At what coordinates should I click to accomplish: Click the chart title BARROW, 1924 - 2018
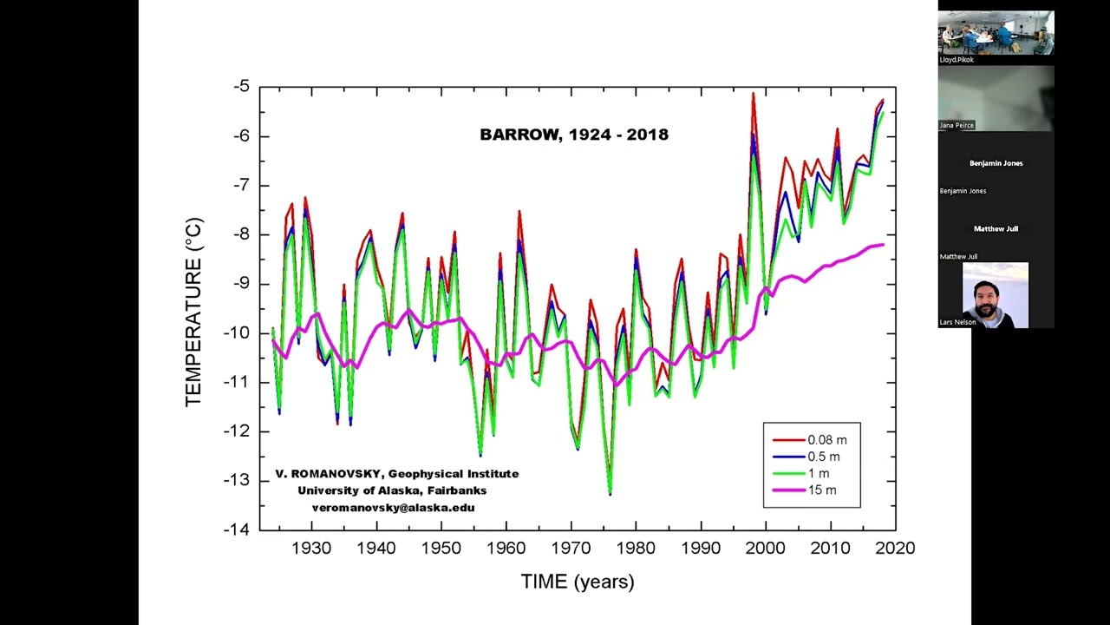pos(573,135)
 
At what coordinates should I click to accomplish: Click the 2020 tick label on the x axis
pos(896,549)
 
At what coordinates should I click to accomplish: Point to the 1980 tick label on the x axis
pos(636,549)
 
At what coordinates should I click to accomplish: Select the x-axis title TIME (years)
pos(577,582)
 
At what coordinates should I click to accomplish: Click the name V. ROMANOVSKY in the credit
pos(329,474)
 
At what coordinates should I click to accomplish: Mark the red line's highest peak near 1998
pos(753,93)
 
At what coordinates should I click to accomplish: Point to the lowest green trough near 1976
pos(610,493)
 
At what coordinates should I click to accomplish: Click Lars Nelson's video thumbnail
pos(996,295)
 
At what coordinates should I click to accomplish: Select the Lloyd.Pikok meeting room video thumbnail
pos(996,33)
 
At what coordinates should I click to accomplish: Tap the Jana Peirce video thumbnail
pos(996,98)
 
